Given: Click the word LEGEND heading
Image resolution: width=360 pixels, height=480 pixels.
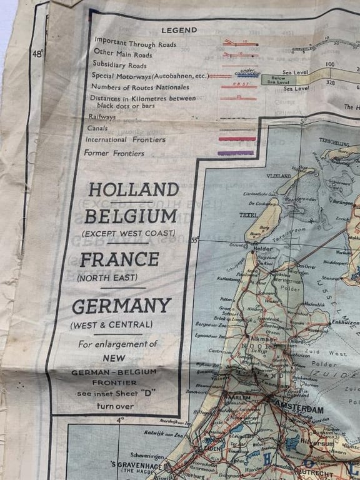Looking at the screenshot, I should click(179, 30).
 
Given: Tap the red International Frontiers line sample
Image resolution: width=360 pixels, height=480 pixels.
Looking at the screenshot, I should click(237, 139).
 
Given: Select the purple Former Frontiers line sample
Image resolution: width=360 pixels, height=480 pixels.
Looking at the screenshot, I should click(236, 152).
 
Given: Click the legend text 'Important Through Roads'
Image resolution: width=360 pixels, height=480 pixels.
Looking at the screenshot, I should click(135, 44).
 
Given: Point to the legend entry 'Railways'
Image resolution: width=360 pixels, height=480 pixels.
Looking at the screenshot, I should click(102, 117).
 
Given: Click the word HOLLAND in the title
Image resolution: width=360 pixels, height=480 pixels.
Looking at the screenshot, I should click(133, 189).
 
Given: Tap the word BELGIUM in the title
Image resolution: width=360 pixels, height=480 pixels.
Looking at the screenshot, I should click(131, 217).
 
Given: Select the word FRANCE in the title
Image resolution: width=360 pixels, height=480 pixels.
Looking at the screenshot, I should click(119, 259).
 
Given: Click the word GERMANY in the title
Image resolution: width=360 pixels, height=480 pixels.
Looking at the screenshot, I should click(121, 306).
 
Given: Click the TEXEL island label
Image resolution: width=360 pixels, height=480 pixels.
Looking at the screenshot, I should click(248, 215).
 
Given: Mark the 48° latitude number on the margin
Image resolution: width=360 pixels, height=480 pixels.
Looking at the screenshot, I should click(37, 54).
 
